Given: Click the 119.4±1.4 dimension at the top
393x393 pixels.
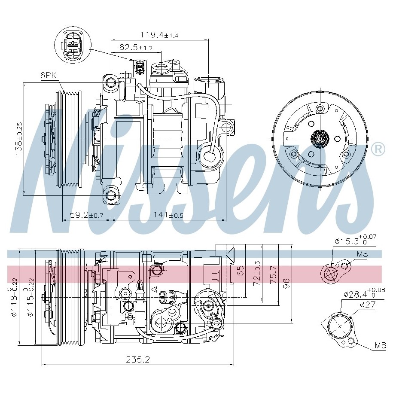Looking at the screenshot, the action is click(159, 35).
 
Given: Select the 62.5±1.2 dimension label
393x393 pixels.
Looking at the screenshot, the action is click(136, 47).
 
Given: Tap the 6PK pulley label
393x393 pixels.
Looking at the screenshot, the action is click(49, 75).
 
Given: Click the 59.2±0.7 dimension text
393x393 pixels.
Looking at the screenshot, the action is click(86, 215).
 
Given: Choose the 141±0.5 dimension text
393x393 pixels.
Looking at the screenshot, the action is click(168, 215).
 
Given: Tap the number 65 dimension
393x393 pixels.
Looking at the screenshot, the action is click(240, 271).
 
